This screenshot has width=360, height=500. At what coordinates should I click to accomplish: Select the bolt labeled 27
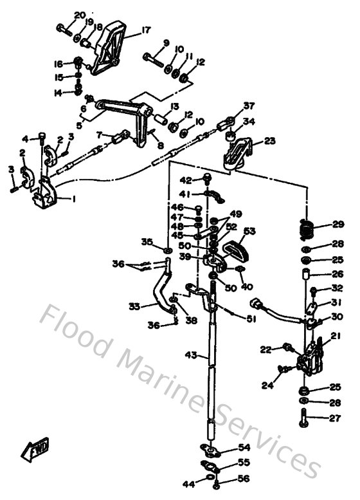coord(304,420)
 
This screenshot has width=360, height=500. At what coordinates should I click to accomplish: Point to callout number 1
coord(73,199)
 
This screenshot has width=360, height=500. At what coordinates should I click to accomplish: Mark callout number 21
coord(335,335)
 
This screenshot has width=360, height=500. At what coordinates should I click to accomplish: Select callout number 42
coord(185,180)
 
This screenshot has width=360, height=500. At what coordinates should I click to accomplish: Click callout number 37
coord(249,106)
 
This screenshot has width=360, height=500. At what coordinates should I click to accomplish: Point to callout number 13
coord(174,106)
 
